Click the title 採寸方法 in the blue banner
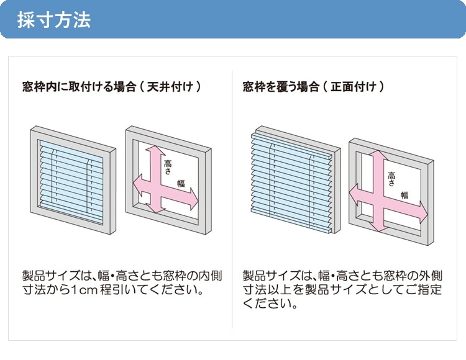[x=54, y=20]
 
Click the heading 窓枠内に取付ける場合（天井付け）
[x=112, y=87]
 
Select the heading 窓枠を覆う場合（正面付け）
[x=314, y=87]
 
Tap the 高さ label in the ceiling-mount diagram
[x=168, y=167]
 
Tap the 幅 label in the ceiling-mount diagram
[x=181, y=183]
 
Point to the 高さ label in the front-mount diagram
[x=391, y=179]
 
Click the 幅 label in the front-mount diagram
[x=404, y=195]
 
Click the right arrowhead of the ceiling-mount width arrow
[x=194, y=198]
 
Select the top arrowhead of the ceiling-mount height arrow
[x=155, y=150]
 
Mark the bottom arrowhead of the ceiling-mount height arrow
[x=156, y=210]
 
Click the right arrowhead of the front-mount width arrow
[x=424, y=212]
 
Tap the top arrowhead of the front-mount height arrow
[x=378, y=155]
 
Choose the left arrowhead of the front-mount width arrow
[x=354, y=194]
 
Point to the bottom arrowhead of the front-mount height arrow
[x=378, y=227]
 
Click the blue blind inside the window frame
[x=71, y=182]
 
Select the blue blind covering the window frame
[x=291, y=181]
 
